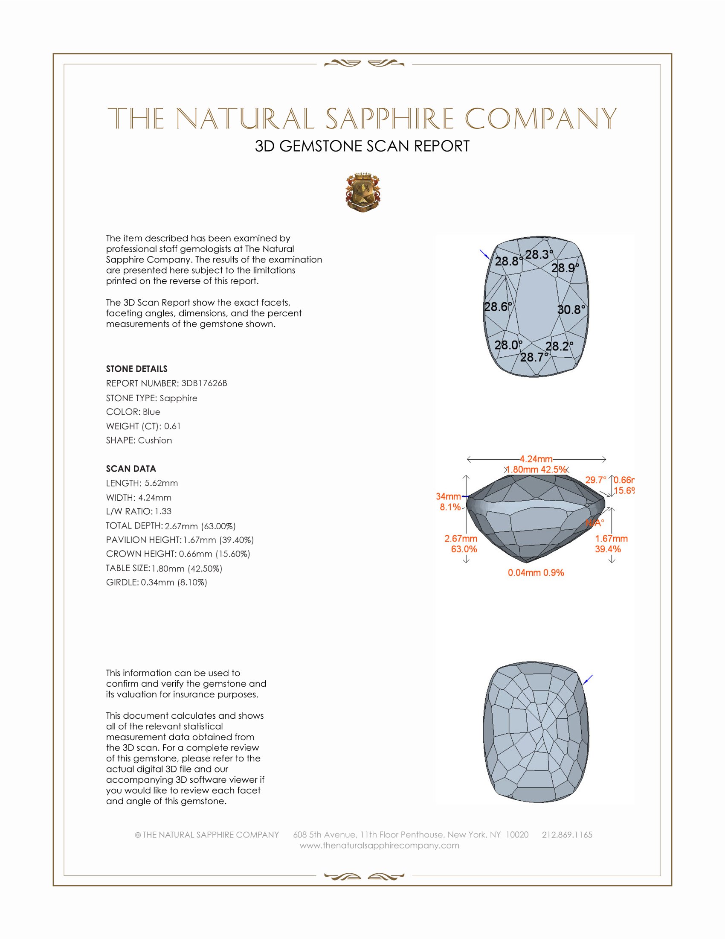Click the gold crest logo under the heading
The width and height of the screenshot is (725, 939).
coord(362,192)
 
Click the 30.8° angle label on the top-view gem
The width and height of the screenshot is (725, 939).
coord(571,309)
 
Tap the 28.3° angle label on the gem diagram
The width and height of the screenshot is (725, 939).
coord(539,254)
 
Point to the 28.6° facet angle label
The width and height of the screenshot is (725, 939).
coord(498,306)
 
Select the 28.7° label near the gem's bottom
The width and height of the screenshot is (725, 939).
coord(534,357)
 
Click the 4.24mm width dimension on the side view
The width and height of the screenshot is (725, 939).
coord(536,459)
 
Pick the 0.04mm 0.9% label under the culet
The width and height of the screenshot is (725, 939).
coord(536,573)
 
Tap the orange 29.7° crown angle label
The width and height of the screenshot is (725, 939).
coord(596,480)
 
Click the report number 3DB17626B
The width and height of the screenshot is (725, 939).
coord(204,383)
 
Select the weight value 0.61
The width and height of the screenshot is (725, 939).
coord(172,426)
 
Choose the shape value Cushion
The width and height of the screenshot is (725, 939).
coord(155,440)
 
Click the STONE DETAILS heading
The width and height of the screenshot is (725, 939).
coord(136,369)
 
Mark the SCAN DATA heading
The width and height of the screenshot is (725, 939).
coord(131,469)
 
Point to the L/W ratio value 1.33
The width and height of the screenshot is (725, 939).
coord(163,511)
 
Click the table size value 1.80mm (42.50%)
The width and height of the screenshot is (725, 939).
coord(187,569)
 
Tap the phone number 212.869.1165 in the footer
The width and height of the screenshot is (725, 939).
coord(567,834)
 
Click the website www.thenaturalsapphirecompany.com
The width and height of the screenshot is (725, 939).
coord(379,845)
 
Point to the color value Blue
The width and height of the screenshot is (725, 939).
coord(151,412)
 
